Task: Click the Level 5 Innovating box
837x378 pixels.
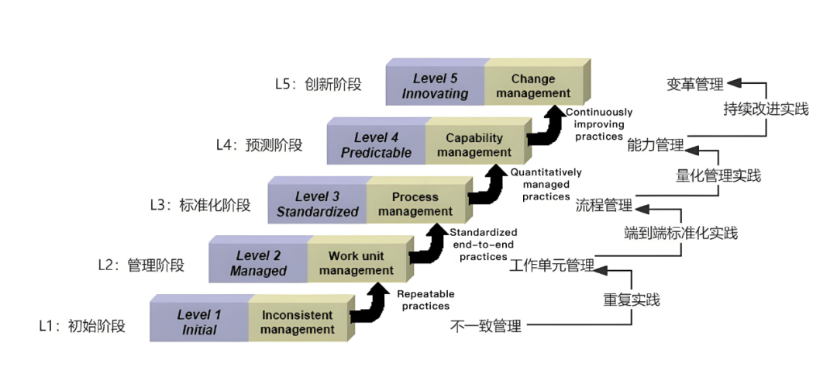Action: click(435, 85)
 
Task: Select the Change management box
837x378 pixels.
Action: click(533, 85)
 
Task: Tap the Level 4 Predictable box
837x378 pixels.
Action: click(376, 145)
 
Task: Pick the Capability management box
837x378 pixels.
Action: click(474, 145)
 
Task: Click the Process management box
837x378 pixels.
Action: click(415, 204)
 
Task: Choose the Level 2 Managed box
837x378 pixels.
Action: click(258, 263)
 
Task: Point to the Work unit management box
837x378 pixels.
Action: click(356, 263)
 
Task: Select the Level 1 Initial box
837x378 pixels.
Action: click(199, 322)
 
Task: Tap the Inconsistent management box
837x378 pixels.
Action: click(298, 322)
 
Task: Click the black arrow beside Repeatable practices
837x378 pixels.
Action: click(370, 303)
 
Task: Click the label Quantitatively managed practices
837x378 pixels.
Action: click(546, 185)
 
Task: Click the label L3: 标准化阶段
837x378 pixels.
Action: click(200, 205)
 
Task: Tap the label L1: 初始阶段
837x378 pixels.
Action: click(82, 327)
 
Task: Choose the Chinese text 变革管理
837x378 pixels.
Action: click(694, 85)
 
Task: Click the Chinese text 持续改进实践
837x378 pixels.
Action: click(766, 109)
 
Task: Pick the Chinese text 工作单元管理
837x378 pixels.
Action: click(552, 266)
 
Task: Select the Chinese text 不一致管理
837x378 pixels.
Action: click(486, 327)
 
